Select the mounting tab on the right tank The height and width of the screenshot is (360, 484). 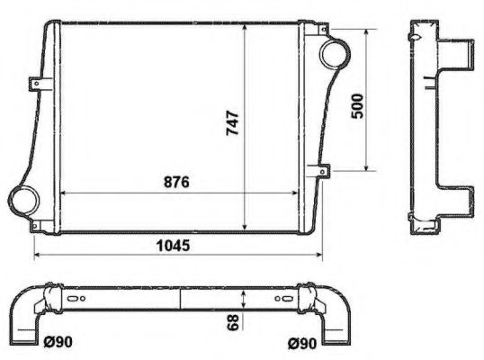320,168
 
